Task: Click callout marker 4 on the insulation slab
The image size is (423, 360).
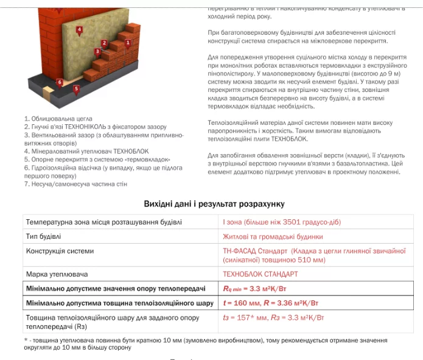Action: (x=79, y=30)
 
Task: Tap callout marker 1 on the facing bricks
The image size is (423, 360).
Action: (x=128, y=42)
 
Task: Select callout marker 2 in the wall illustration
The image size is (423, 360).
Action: (x=104, y=43)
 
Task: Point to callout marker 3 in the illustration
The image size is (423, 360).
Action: (x=97, y=52)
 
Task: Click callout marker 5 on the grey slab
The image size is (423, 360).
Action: (x=76, y=89)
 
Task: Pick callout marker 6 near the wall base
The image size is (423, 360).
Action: (x=60, y=82)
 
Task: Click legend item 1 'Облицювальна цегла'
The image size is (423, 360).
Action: (x=58, y=119)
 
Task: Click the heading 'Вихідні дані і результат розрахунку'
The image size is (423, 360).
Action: (x=214, y=204)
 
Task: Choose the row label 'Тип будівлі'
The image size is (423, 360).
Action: (x=43, y=236)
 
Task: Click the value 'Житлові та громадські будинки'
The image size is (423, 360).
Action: (x=273, y=236)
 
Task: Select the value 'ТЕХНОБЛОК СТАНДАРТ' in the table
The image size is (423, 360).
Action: (x=260, y=274)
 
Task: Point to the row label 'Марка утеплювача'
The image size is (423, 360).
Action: (x=57, y=274)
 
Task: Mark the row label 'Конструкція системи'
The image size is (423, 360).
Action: (x=60, y=251)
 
